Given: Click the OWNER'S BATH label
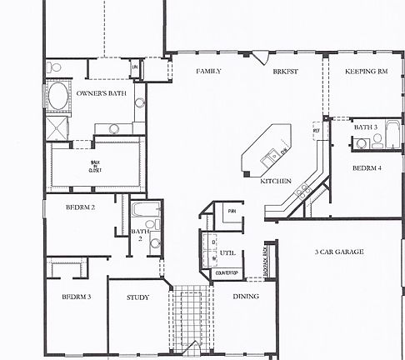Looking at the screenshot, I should [101, 95].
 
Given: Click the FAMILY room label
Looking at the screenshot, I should [208, 72].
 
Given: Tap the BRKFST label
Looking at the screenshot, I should [285, 72].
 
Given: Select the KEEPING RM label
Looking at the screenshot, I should [366, 72].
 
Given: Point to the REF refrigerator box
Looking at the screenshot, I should [317, 131].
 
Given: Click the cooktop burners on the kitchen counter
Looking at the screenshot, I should [301, 193].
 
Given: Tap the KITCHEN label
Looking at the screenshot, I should [275, 181].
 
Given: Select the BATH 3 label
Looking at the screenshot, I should [366, 127].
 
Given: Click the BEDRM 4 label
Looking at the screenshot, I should [367, 167].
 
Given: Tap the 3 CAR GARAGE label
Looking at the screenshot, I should [338, 252].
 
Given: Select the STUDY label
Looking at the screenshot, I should [137, 297].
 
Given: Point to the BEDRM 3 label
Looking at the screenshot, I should [76, 297].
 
